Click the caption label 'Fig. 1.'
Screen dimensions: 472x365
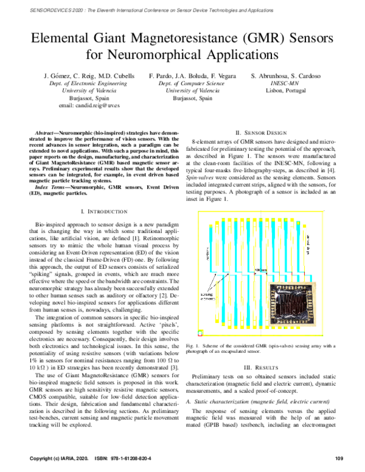tap(193, 346)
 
